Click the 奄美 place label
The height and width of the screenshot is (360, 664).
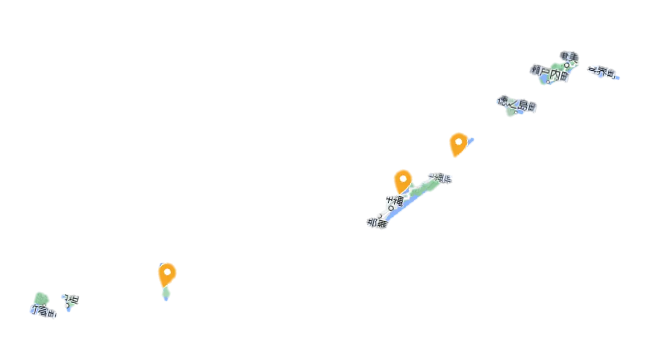(569, 56)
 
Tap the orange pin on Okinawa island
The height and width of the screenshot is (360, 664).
(403, 180)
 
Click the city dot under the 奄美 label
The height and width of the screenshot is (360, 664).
(567, 65)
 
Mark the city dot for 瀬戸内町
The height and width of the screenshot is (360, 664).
(549, 82)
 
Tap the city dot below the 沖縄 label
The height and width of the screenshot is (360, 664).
(391, 209)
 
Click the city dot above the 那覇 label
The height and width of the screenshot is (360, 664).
(380, 215)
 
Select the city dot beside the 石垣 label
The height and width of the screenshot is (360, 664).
(66, 305)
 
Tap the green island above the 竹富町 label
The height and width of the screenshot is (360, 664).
(41, 298)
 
